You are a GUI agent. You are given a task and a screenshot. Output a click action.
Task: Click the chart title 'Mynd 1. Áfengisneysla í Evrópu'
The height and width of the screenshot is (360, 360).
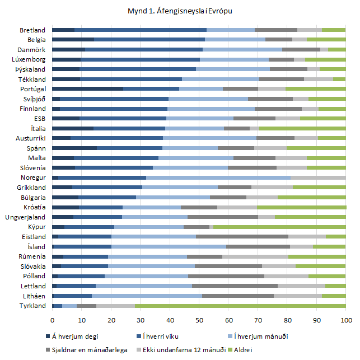pos(179,11)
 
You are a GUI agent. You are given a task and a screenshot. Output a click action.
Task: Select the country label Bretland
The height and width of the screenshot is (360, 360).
pos(33,30)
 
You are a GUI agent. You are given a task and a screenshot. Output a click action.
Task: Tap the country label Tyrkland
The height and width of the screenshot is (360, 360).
pos(33,306)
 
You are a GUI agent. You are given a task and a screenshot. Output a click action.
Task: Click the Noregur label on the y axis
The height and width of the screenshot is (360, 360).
pos(34,177)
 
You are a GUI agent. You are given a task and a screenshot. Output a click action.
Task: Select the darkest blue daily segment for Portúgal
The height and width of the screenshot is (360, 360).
pos(87,88)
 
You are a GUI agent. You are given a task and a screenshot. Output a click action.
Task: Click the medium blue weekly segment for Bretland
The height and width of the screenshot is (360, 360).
pos(140,30)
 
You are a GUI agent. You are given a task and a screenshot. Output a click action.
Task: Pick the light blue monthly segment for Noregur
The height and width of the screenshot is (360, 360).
pos(218,177)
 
